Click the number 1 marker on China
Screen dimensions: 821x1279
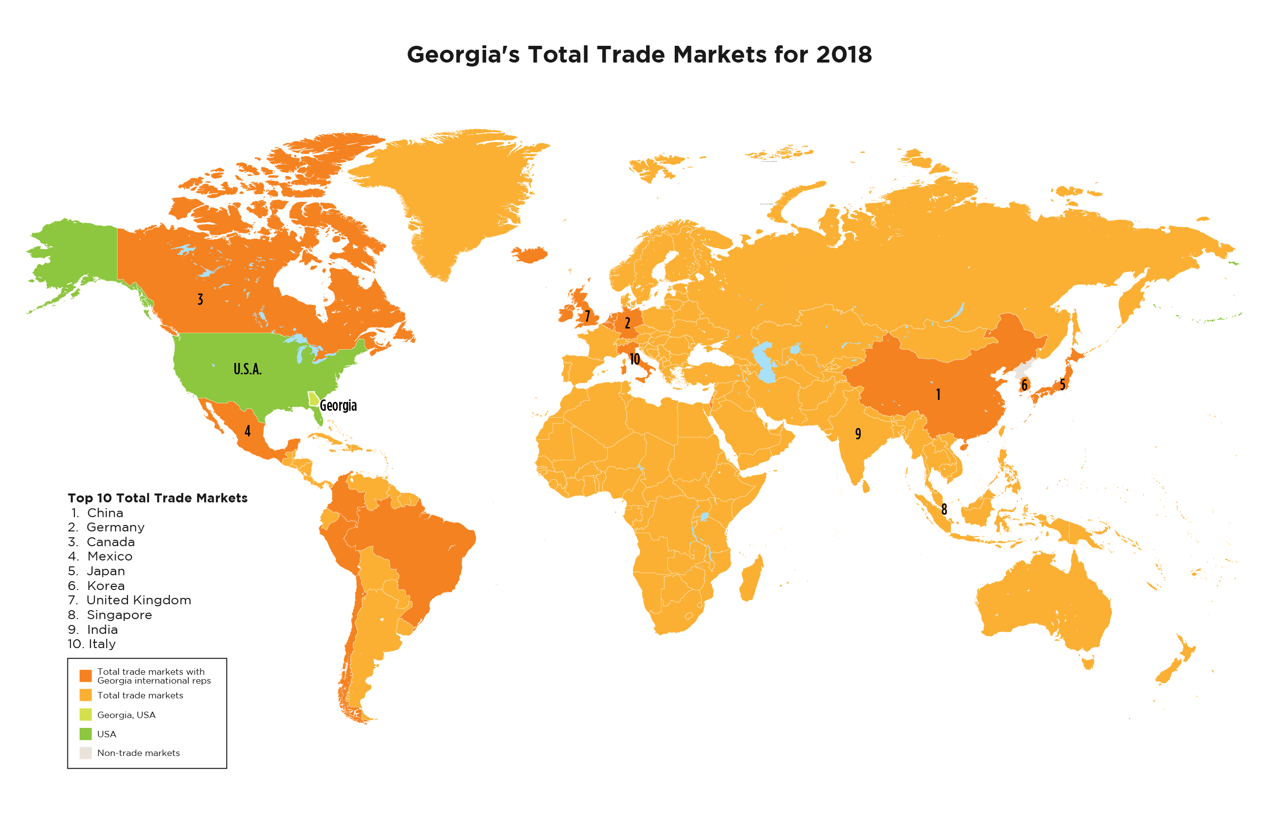938,394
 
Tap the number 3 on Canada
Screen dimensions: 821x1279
200,299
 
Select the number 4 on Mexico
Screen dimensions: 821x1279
247,431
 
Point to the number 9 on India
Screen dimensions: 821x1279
858,433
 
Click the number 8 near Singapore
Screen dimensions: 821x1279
944,509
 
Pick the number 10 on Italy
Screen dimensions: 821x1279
634,359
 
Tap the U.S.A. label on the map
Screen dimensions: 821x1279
248,369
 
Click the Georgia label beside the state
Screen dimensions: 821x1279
338,406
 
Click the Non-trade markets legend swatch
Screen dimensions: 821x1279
85,753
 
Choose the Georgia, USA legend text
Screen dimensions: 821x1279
126,715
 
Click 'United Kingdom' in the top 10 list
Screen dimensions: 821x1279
138,600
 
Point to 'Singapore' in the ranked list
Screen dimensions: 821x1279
119,615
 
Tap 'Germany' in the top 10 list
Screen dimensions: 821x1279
116,527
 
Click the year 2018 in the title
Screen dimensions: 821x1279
844,54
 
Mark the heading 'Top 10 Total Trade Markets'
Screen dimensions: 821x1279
157,498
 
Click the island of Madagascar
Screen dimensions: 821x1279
751,578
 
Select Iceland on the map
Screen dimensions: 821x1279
530,254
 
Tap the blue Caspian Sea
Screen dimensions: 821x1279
765,362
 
